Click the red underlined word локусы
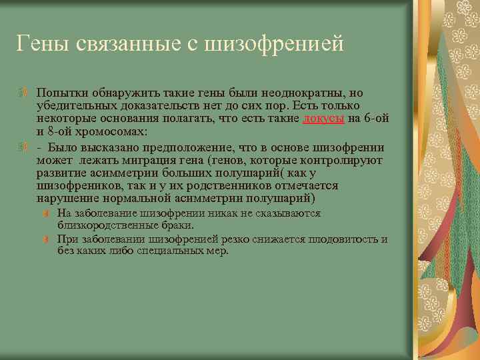323,118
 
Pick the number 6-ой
376,118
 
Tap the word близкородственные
101,225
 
